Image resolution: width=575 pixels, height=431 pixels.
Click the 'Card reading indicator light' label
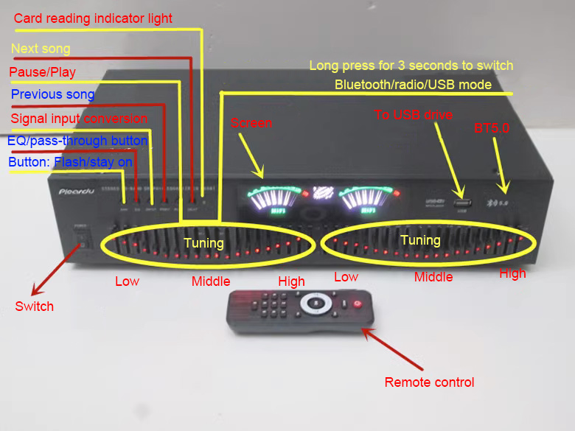pos(93,18)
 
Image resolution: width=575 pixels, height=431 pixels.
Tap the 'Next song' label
pos(41,49)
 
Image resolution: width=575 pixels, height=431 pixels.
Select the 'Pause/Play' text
pos(42,72)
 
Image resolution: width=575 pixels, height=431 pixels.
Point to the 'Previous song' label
pos(52,94)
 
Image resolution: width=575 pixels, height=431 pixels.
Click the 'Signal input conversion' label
pos(79,119)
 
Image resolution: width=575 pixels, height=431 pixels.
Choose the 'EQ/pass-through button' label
pos(77,141)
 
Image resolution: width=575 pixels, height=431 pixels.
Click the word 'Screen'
pos(251,124)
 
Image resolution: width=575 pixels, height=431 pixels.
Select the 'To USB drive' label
pos(413,115)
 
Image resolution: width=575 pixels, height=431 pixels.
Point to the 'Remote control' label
pos(429,382)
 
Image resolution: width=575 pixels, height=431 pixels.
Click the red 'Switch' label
pos(35,306)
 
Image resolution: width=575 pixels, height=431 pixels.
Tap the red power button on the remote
pos(358,302)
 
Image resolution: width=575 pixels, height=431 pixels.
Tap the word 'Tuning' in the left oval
pos(203,242)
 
